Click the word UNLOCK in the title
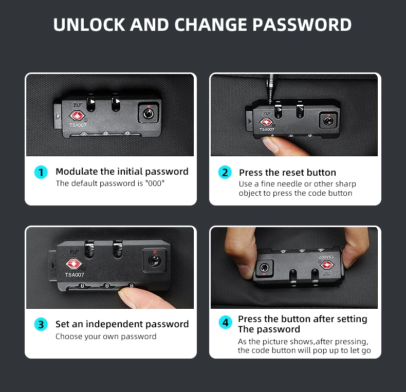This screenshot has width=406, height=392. tap(89, 25)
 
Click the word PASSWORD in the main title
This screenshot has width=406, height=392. tap(302, 25)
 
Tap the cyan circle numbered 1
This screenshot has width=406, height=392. tap(41, 172)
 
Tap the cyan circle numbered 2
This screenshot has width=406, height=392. tap(225, 172)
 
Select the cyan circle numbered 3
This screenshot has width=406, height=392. tap(41, 324)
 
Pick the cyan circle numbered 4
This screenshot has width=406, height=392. tap(225, 322)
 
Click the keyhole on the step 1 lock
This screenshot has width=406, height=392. tap(149, 114)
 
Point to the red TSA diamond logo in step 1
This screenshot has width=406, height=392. tap(77, 116)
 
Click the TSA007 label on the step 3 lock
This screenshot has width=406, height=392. tap(75, 275)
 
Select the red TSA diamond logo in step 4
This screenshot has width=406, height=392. tap(327, 265)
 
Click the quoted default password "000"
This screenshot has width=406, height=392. tap(155, 183)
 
